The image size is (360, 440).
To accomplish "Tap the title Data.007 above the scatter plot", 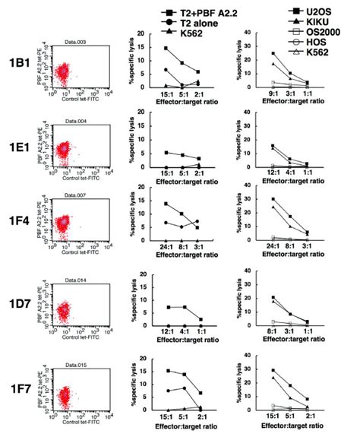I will point(74,195).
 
